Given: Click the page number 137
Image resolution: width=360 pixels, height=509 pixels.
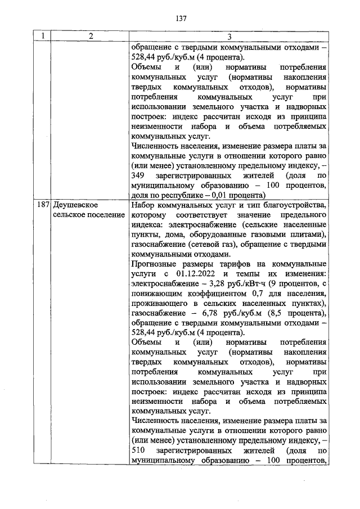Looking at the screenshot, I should pyautogui.click(x=181, y=18).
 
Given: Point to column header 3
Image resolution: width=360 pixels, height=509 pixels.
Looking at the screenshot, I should pyautogui.click(x=229, y=37).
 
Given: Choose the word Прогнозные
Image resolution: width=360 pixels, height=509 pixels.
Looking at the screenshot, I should pyautogui.click(x=153, y=264).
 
